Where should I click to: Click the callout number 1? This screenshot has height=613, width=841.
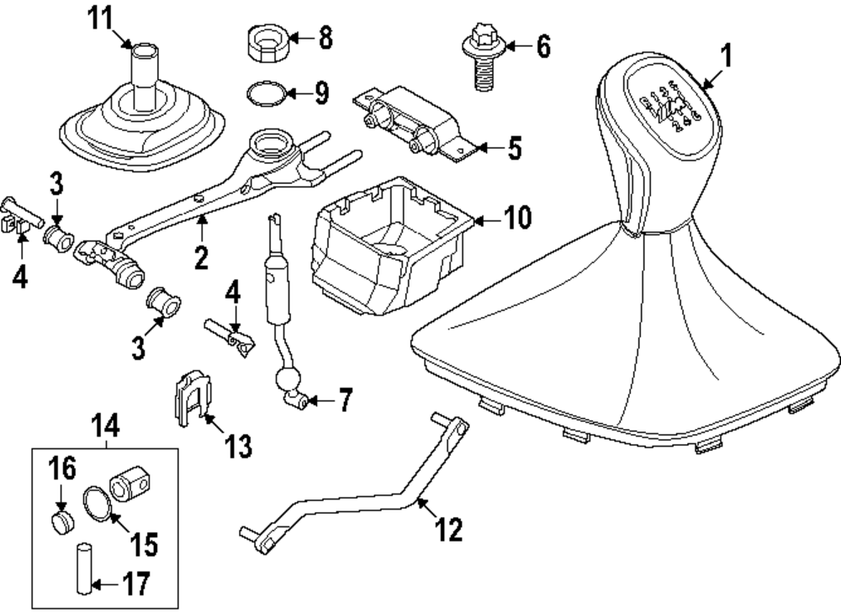pos(727,57)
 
